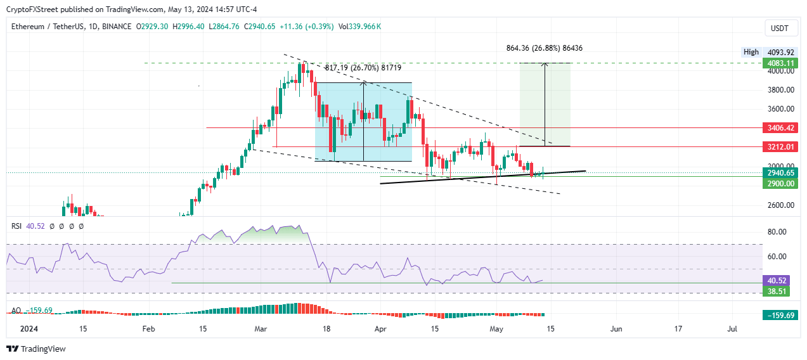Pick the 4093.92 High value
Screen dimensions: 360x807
click(777, 52)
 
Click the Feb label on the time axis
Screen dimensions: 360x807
click(148, 329)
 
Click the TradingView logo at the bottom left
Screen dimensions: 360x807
click(36, 349)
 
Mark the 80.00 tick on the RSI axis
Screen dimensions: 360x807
click(777, 232)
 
